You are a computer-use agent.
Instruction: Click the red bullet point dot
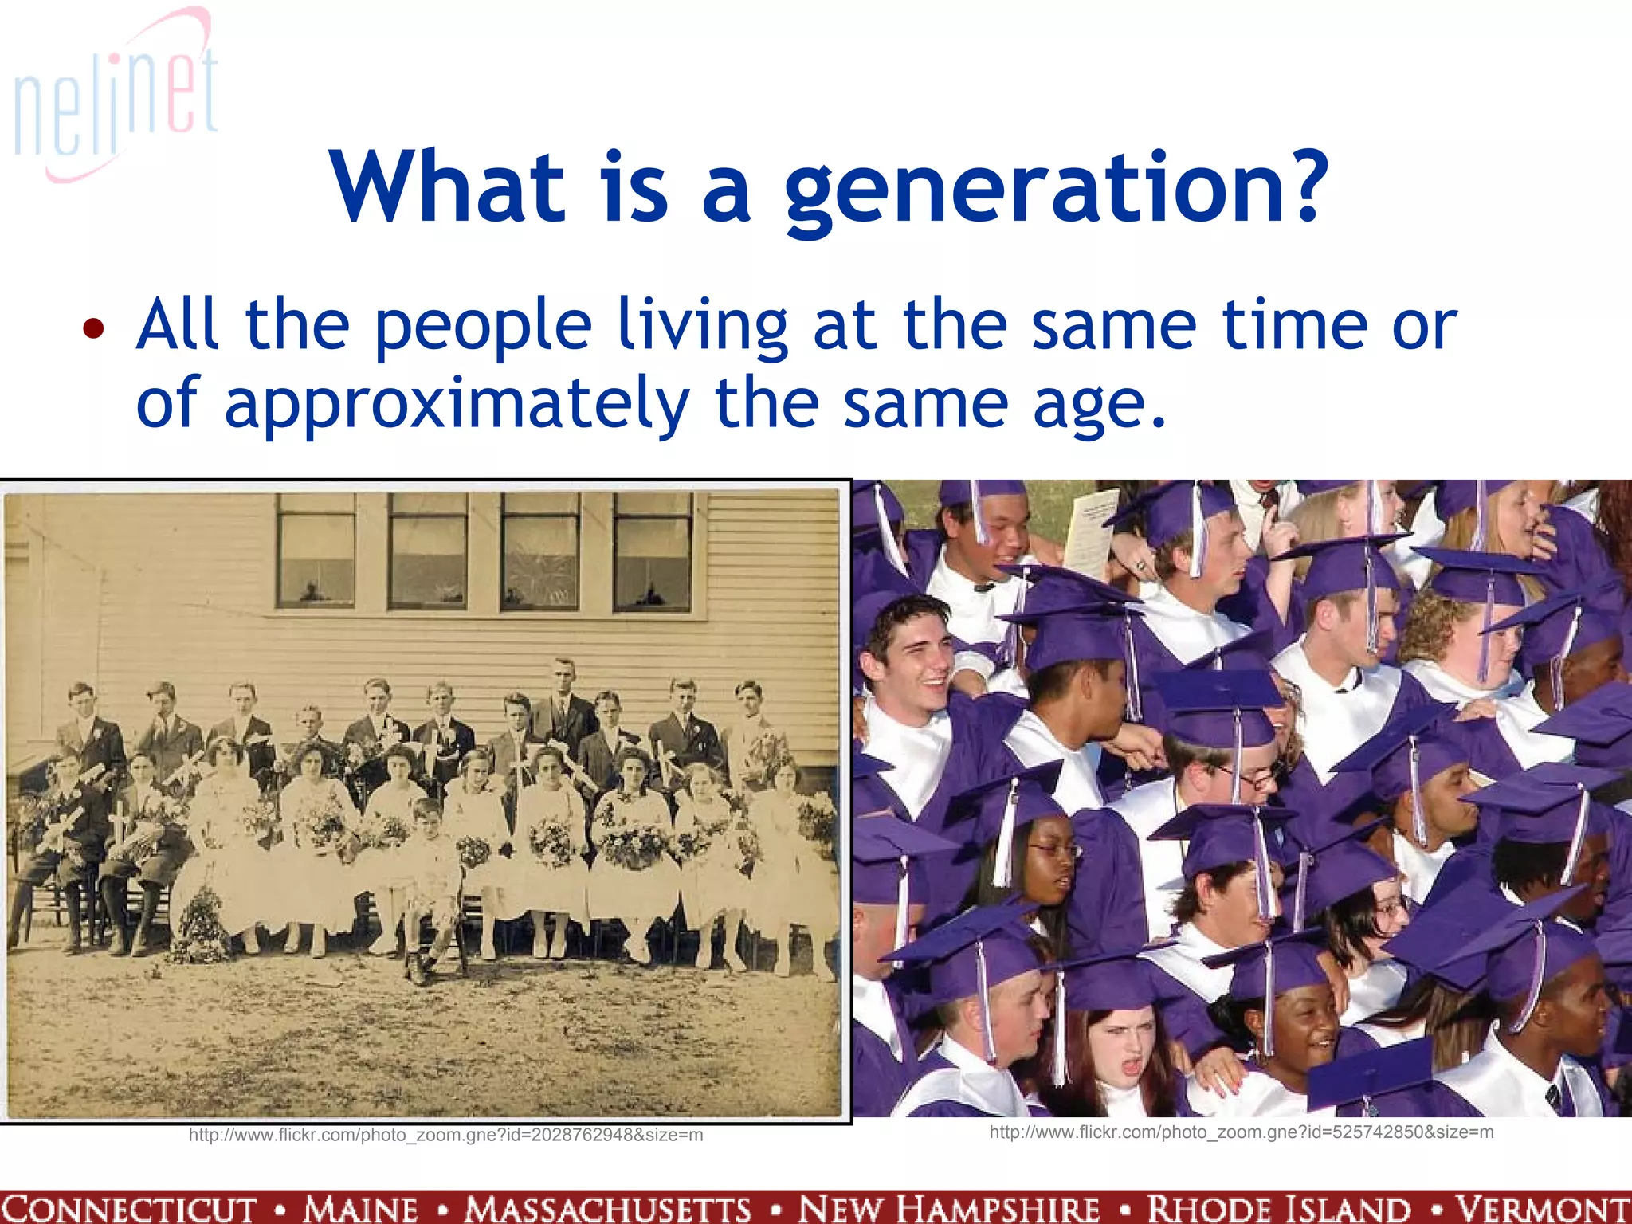93,328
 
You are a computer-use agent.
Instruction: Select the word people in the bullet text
483,327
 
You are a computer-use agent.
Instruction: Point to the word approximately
457,404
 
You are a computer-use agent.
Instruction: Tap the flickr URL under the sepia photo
445,1135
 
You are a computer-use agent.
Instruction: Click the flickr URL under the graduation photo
1241,1132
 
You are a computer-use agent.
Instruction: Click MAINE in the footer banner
360,1208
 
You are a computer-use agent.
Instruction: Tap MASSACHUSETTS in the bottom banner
609,1208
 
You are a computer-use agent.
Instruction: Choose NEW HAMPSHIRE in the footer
949,1208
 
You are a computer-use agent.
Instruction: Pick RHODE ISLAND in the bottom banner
1278,1208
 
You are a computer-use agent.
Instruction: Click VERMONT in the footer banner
1544,1208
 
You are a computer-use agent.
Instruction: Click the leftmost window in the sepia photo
316,550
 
